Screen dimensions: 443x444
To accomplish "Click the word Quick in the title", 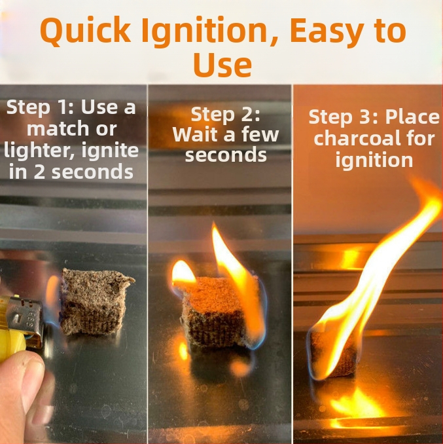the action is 86,30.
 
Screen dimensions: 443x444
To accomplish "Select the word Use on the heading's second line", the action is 222,65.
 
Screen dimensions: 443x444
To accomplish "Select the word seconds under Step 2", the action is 226,155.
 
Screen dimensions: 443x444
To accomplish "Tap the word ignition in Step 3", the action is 374,160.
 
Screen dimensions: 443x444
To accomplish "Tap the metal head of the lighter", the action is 26,315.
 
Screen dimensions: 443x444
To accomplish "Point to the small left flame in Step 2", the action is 184,273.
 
